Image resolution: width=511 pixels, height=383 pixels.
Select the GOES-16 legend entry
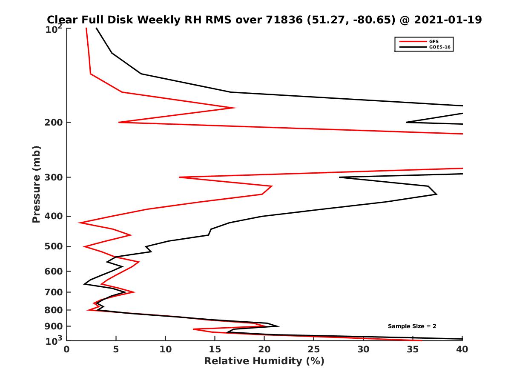(438, 47)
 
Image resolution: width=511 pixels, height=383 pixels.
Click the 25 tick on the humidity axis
(314, 349)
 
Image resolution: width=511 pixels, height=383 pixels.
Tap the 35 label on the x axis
(413, 349)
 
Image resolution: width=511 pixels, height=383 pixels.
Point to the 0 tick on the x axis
(67, 349)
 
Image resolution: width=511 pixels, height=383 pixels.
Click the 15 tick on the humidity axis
(215, 349)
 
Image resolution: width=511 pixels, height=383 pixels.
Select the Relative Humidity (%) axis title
(264, 361)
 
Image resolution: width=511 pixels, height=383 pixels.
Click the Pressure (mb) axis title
(36, 184)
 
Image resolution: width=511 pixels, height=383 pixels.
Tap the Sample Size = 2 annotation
(412, 326)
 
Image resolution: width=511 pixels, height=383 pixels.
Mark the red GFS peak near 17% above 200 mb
(235, 108)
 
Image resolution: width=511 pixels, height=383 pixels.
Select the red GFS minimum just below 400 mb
(79, 223)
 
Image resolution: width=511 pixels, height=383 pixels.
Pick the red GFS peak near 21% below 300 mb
(272, 186)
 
